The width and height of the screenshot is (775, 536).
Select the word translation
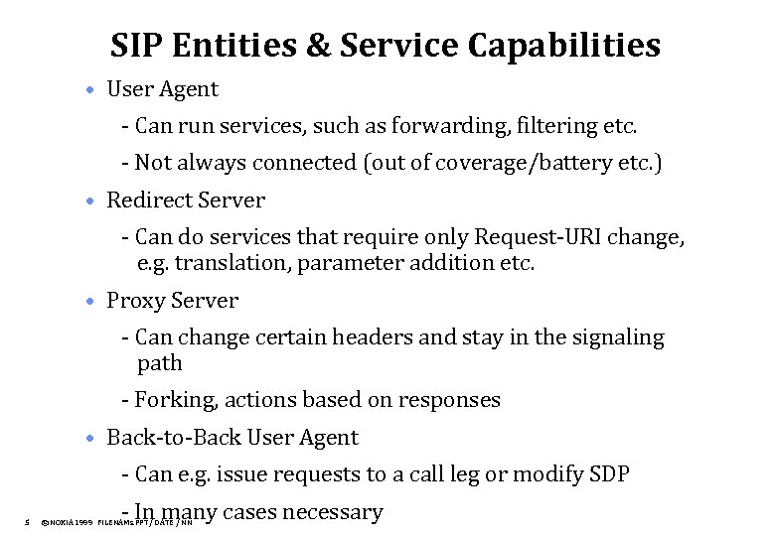tap(227, 263)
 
